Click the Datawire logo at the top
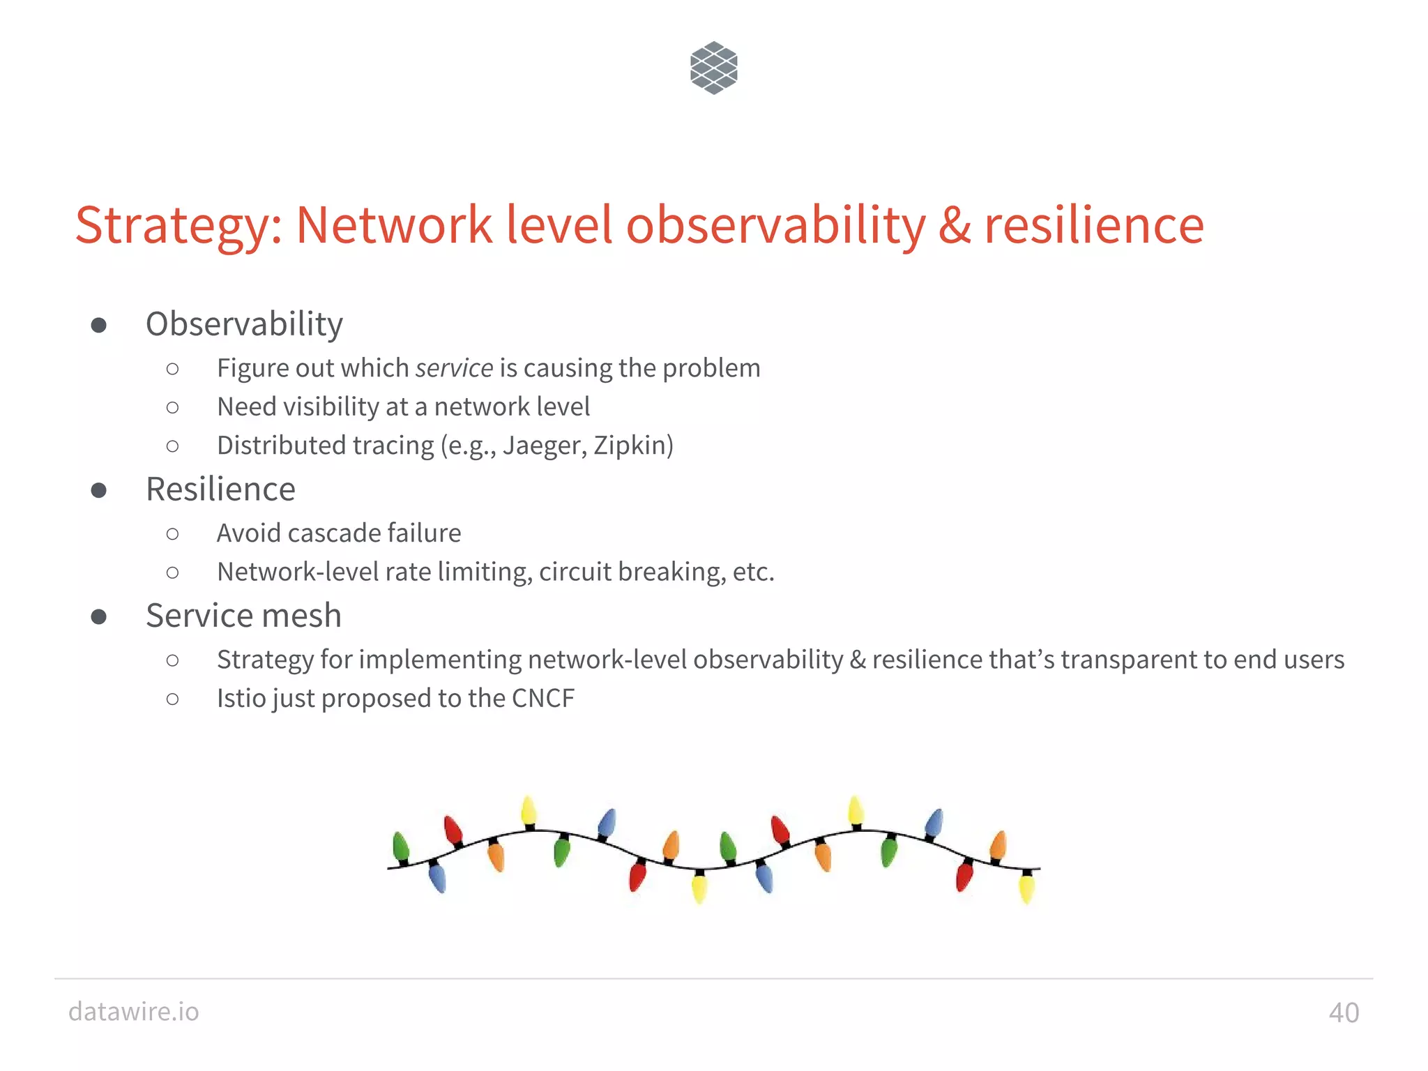click(713, 68)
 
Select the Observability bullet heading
click(244, 324)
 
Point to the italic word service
click(454, 368)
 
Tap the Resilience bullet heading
click(220, 489)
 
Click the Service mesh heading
click(243, 616)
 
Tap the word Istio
click(239, 698)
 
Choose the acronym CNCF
click(543, 698)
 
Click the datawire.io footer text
click(134, 1011)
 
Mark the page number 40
click(1344, 1012)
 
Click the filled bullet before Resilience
click(99, 490)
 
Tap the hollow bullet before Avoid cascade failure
click(173, 534)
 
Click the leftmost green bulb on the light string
click(400, 847)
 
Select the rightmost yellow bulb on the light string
click(1026, 888)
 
